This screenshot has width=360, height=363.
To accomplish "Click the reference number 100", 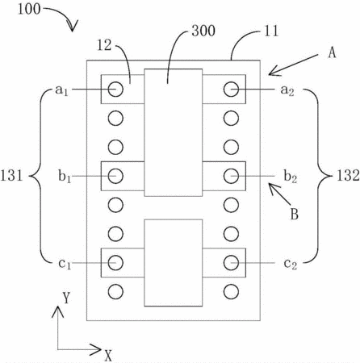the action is (29, 9).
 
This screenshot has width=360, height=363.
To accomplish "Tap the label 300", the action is (203, 31).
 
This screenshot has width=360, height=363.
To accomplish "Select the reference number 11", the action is (270, 31).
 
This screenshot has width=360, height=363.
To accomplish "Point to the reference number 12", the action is (104, 45).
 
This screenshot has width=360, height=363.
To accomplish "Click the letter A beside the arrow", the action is (332, 52).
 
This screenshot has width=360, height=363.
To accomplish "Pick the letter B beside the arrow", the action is (295, 215).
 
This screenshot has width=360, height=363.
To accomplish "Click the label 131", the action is (11, 176).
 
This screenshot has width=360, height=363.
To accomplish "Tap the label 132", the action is (348, 176).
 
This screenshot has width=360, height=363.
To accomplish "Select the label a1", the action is (61, 90).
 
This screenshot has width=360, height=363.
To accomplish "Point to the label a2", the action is (287, 90).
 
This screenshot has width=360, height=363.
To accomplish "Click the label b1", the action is (65, 177).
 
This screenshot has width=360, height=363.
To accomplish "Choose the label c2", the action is (291, 264).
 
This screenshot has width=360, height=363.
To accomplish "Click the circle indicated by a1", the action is (115, 89).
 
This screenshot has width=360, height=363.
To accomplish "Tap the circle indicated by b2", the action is (231, 176).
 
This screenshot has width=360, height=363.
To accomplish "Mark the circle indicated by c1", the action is (115, 263).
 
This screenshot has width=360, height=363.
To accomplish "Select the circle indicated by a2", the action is (231, 89).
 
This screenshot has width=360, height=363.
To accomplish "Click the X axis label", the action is (108, 355).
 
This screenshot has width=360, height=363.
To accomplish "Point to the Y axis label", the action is (66, 298).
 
